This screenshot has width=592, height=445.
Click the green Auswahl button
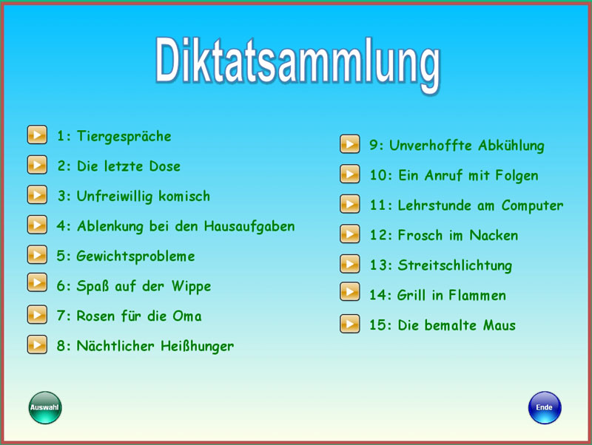tap(45, 407)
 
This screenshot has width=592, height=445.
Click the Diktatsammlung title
tap(298, 62)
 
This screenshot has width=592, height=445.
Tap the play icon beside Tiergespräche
tap(37, 135)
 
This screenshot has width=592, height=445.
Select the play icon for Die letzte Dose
tap(37, 165)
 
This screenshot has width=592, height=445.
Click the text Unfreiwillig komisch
tap(143, 197)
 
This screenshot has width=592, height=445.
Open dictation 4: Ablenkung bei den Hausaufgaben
tap(175, 226)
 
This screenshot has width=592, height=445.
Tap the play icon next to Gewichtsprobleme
tap(37, 254)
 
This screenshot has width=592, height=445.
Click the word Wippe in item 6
tap(191, 287)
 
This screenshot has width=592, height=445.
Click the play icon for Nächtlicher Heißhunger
tap(37, 344)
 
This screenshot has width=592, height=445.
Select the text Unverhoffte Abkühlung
tap(466, 146)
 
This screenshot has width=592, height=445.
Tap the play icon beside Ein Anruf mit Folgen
tap(349, 174)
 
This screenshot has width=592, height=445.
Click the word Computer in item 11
tap(532, 206)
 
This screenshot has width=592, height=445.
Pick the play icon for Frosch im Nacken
tap(349, 234)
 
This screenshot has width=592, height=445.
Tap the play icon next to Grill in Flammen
tap(349, 291)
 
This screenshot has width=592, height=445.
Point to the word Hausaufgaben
tap(249, 226)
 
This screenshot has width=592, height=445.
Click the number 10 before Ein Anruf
tap(378, 176)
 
